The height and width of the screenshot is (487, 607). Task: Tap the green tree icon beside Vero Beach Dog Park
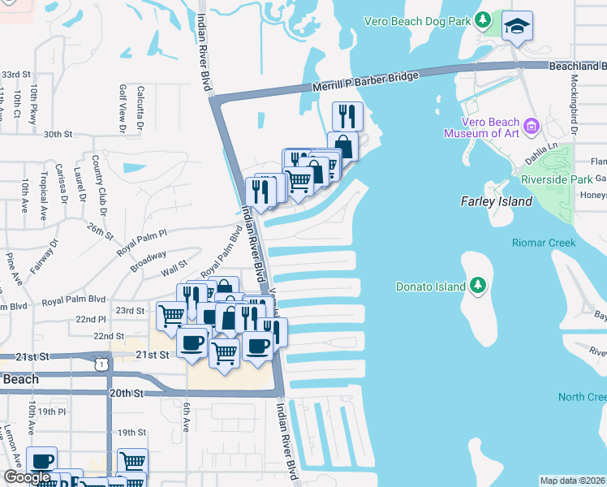[484, 19]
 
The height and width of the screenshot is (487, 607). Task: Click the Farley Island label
[496, 201]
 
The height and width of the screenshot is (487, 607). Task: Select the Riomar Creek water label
[543, 243]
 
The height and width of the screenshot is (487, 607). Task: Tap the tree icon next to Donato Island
[478, 286]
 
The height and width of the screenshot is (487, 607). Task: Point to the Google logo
[27, 477]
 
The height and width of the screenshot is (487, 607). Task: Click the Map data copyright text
[573, 481]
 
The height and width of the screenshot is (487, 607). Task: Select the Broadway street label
[148, 260]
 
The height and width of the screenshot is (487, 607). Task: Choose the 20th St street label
[127, 393]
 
